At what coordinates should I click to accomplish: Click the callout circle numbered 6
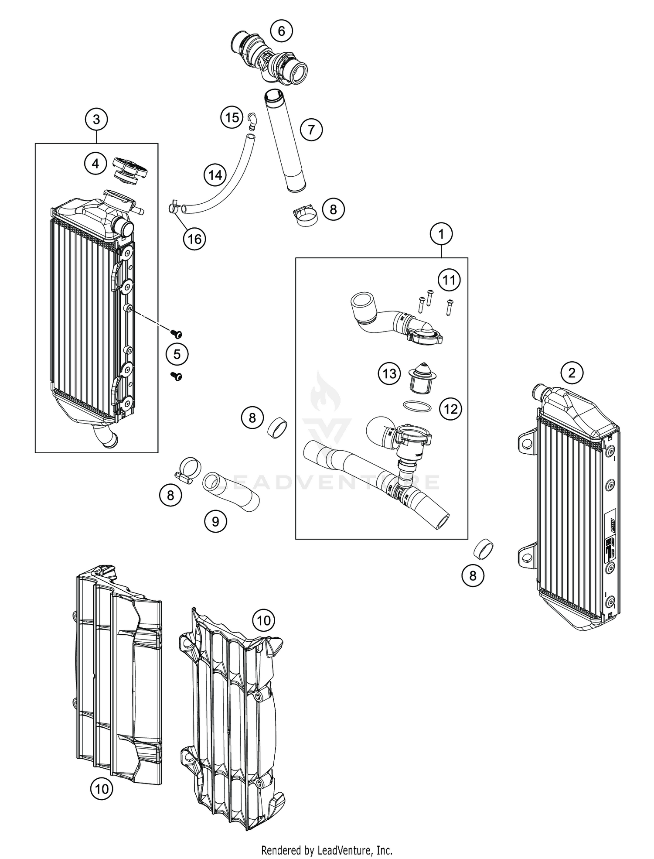point(281,31)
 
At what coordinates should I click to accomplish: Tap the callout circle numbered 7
point(311,130)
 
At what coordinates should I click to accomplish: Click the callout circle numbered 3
point(96,119)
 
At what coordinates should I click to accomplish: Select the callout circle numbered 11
point(449,280)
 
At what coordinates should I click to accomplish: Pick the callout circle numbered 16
point(194,239)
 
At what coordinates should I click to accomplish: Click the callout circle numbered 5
point(177,354)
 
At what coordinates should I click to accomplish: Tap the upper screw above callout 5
point(177,334)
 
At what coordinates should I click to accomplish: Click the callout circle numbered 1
point(441,234)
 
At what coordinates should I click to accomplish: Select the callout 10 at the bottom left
point(101,788)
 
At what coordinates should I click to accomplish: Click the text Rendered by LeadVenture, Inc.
point(327,850)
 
